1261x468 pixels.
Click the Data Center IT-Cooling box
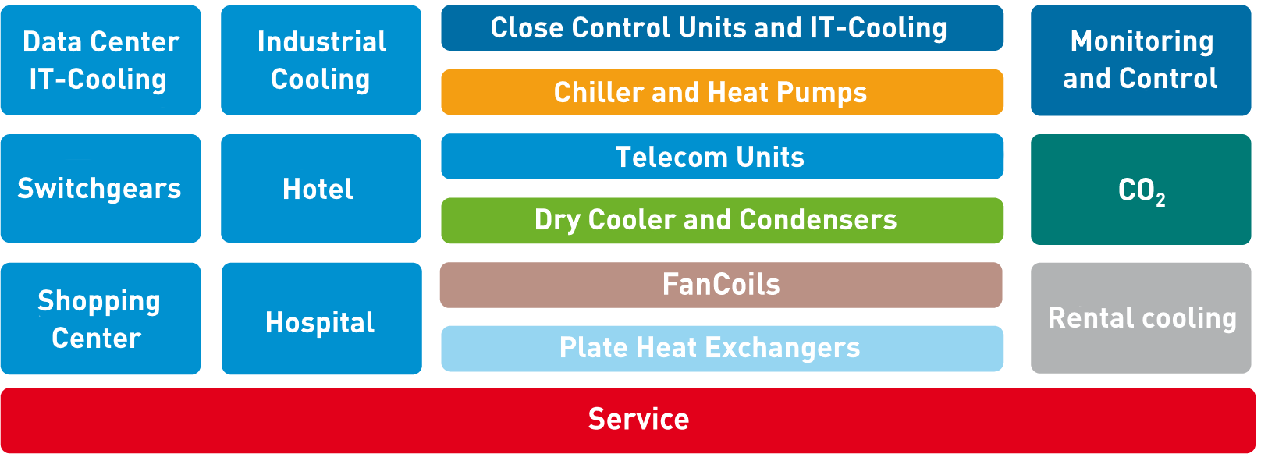(x=101, y=60)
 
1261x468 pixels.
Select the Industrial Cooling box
(x=321, y=60)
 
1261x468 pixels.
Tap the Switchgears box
(x=101, y=189)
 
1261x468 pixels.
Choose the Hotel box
(x=321, y=189)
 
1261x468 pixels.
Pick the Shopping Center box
(x=101, y=319)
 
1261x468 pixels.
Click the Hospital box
(x=321, y=319)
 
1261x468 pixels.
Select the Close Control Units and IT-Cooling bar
(x=722, y=28)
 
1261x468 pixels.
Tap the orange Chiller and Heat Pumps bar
(x=722, y=92)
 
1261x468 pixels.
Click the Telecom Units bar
(x=722, y=157)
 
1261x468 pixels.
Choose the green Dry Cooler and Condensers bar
(x=722, y=220)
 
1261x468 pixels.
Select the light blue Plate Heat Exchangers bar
(x=722, y=348)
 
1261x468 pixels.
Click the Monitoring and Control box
(x=1140, y=60)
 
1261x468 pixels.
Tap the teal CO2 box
(x=1140, y=190)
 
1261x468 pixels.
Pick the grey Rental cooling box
(x=1140, y=318)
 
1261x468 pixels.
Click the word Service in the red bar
(x=638, y=420)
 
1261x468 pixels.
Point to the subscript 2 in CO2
(x=1161, y=200)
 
